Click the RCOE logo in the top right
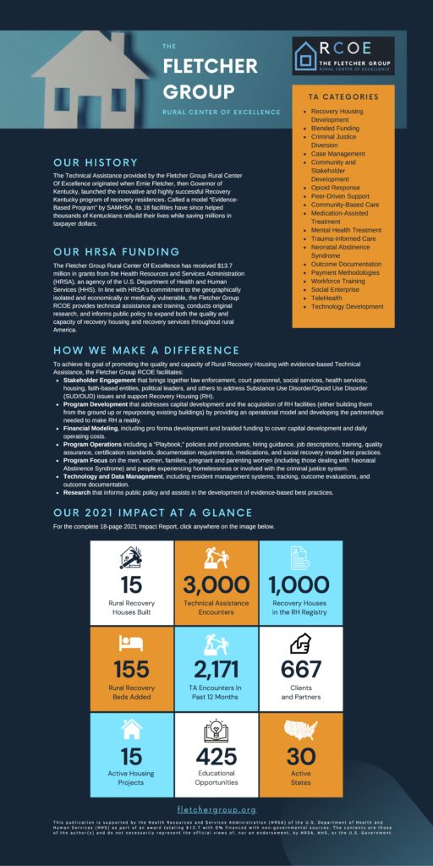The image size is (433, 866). pos(343,55)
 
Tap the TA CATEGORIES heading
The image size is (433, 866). pos(343,96)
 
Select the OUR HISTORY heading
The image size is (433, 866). pos(95,162)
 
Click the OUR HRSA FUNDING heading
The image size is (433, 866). pos(116,251)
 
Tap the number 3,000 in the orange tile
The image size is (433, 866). pos(216,584)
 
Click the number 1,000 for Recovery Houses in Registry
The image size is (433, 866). pos(300,584)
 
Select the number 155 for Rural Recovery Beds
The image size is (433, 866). pos(131,670)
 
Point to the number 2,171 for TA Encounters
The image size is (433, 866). pos(216,670)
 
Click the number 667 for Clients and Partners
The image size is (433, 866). pos(300,670)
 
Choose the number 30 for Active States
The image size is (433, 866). pos(300,756)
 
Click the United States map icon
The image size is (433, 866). pos(300,729)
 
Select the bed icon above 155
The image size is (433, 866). pos(131,644)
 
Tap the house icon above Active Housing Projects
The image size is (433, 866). pos(131,729)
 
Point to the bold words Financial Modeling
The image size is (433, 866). pos(93,429)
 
